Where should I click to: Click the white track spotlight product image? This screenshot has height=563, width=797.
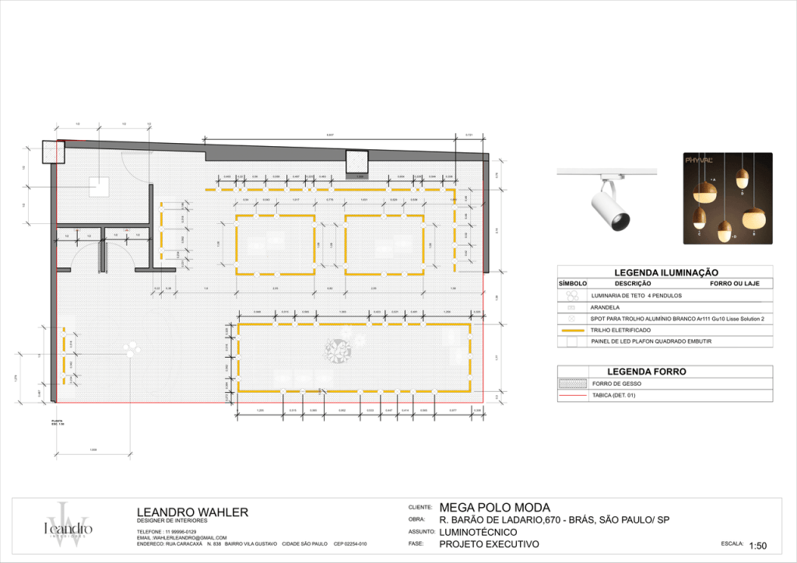point(609,201)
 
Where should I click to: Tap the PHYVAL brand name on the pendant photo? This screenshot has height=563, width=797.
point(699,160)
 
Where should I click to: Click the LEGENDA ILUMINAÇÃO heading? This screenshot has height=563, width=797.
point(665,273)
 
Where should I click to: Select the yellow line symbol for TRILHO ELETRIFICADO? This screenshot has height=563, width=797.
point(572,330)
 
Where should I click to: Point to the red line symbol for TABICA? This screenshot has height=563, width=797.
point(572,396)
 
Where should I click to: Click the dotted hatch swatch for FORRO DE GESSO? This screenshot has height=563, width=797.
point(572,383)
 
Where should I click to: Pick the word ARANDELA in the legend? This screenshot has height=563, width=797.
point(605,308)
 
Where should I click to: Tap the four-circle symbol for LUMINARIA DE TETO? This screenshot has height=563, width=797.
point(572,296)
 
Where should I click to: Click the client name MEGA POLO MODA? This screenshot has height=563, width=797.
point(494,508)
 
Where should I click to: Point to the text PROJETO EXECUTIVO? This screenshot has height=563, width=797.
point(489,544)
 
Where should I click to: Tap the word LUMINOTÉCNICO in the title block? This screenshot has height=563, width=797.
point(478,532)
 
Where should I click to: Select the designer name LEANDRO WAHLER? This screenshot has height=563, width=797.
point(192,512)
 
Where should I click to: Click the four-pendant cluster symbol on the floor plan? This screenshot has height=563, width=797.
point(339,351)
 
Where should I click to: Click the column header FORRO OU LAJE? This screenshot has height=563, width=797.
point(736,284)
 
